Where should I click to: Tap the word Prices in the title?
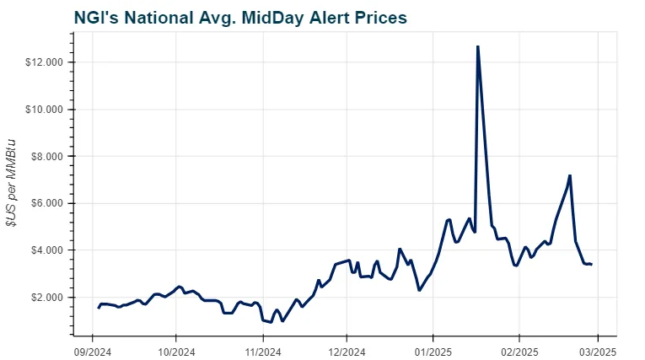375,17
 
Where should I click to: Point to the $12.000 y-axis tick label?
45,63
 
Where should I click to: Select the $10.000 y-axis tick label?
45,110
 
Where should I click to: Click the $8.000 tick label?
47,157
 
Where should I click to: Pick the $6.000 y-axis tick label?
47,204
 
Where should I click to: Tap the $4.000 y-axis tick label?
47,250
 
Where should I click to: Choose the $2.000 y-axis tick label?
47,298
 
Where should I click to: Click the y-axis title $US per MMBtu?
12,183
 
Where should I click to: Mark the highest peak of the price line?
477,47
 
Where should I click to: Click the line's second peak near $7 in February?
570,176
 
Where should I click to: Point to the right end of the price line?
591,264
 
